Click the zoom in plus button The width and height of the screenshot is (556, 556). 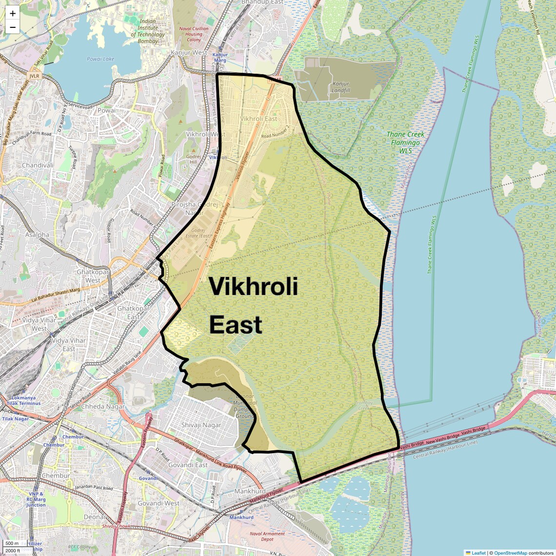[13, 14]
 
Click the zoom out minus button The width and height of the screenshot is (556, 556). [13, 27]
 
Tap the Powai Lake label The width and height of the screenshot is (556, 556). [100, 59]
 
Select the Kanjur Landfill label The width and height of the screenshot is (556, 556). [341, 87]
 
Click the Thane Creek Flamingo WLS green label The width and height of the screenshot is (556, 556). [405, 142]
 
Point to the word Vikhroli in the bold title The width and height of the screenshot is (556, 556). [253, 286]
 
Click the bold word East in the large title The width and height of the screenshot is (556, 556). [236, 325]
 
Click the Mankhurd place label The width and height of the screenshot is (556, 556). [249, 491]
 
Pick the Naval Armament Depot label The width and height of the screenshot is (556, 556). [267, 536]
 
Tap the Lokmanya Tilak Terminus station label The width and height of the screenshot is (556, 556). [20, 401]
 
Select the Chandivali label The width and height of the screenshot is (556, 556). [38, 165]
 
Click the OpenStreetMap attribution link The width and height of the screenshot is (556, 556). [510, 553]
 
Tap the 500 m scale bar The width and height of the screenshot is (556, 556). [12, 543]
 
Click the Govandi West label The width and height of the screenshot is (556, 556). [159, 503]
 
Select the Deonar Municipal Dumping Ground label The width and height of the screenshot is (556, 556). [245, 406]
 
